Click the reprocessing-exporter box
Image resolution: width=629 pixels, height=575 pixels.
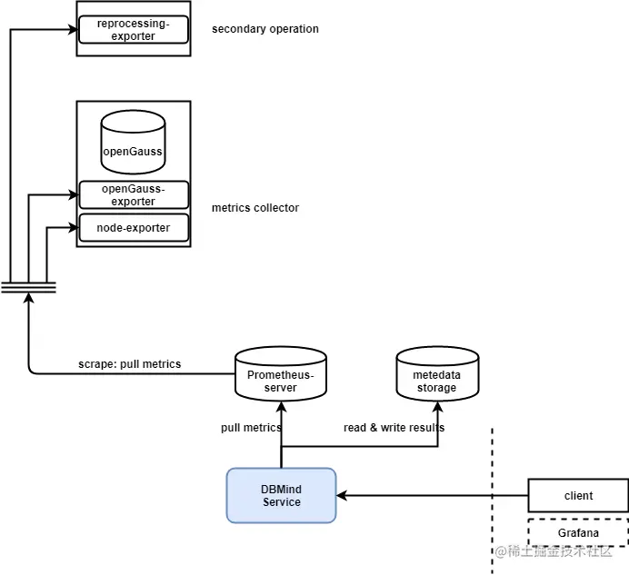pyautogui.click(x=134, y=30)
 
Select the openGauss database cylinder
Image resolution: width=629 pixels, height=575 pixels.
pyautogui.click(x=133, y=143)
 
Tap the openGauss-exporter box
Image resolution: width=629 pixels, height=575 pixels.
pyautogui.click(x=134, y=194)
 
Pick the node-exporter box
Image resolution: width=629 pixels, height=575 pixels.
pyautogui.click(x=134, y=227)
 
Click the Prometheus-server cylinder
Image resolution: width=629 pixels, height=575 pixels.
pyautogui.click(x=280, y=374)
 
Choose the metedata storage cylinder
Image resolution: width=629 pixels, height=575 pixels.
pyautogui.click(x=436, y=374)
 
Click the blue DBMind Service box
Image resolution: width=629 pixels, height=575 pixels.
pyautogui.click(x=281, y=495)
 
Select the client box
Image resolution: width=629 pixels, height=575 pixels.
pyautogui.click(x=578, y=496)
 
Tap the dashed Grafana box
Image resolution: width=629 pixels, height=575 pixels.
pyautogui.click(x=578, y=532)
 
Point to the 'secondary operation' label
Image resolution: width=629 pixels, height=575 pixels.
pyautogui.click(x=265, y=29)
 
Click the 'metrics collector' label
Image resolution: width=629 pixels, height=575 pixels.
pyautogui.click(x=255, y=208)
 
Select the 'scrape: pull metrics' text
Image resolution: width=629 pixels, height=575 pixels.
pyautogui.click(x=129, y=364)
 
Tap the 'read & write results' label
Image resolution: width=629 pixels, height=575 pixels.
pyautogui.click(x=394, y=428)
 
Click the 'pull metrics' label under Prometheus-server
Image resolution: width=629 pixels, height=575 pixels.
pyautogui.click(x=251, y=428)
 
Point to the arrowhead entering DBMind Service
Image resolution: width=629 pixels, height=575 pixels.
pyautogui.click(x=342, y=496)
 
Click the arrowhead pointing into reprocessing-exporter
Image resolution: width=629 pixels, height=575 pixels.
pyautogui.click(x=72, y=29)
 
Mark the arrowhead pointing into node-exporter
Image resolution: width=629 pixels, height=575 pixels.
pyautogui.click(x=72, y=227)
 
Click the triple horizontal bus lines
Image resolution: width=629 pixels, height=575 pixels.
pyautogui.click(x=28, y=287)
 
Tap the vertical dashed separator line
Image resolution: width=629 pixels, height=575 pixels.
pyautogui.click(x=492, y=500)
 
